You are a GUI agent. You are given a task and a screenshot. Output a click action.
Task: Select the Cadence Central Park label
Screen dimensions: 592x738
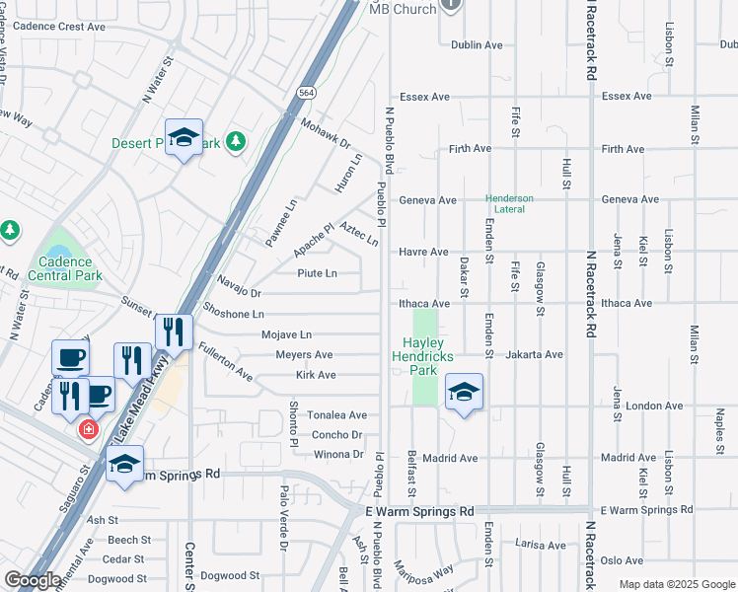(x=66, y=268)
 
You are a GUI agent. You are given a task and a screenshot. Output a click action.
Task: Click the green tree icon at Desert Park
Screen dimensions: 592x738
(x=235, y=143)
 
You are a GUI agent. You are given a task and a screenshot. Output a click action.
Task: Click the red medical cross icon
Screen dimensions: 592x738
(x=88, y=430)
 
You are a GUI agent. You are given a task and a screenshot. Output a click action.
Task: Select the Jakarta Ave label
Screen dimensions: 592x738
(x=537, y=354)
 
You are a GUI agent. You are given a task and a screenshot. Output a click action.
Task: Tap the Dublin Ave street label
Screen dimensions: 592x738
(x=477, y=44)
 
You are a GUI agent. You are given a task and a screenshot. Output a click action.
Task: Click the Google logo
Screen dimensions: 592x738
(x=32, y=581)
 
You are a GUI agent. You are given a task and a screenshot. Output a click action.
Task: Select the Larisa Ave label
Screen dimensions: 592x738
(x=542, y=545)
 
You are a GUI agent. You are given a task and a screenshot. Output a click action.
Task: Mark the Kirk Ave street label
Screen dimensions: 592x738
(x=316, y=375)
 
